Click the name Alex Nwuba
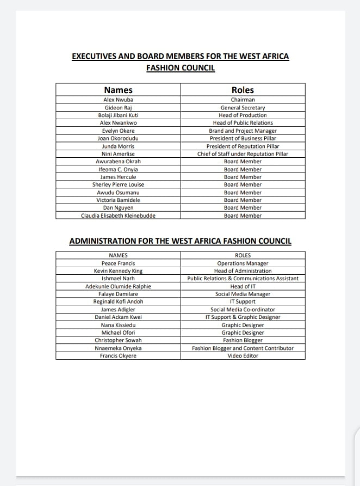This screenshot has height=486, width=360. [118, 100]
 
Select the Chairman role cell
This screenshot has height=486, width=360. [243, 100]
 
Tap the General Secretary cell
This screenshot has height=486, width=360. [243, 108]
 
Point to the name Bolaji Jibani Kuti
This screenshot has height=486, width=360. [118, 115]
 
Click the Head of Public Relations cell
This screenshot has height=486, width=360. [243, 123]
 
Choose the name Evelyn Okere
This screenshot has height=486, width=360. [118, 131]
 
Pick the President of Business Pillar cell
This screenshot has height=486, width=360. [243, 138]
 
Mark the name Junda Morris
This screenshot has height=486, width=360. [118, 146]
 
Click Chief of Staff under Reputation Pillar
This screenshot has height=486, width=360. [243, 154]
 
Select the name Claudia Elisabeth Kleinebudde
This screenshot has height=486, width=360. [118, 216]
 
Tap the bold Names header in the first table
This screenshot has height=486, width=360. [118, 90]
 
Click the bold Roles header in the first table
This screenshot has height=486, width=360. [243, 90]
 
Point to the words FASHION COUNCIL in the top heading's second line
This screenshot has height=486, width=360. [181, 68]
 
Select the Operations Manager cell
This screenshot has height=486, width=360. [243, 263]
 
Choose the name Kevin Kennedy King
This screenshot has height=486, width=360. [118, 271]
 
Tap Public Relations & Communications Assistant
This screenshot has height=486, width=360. [243, 279]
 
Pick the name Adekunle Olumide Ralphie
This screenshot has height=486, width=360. [118, 286]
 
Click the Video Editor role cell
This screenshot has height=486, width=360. [243, 356]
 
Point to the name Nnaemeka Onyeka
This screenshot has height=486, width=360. [118, 348]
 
